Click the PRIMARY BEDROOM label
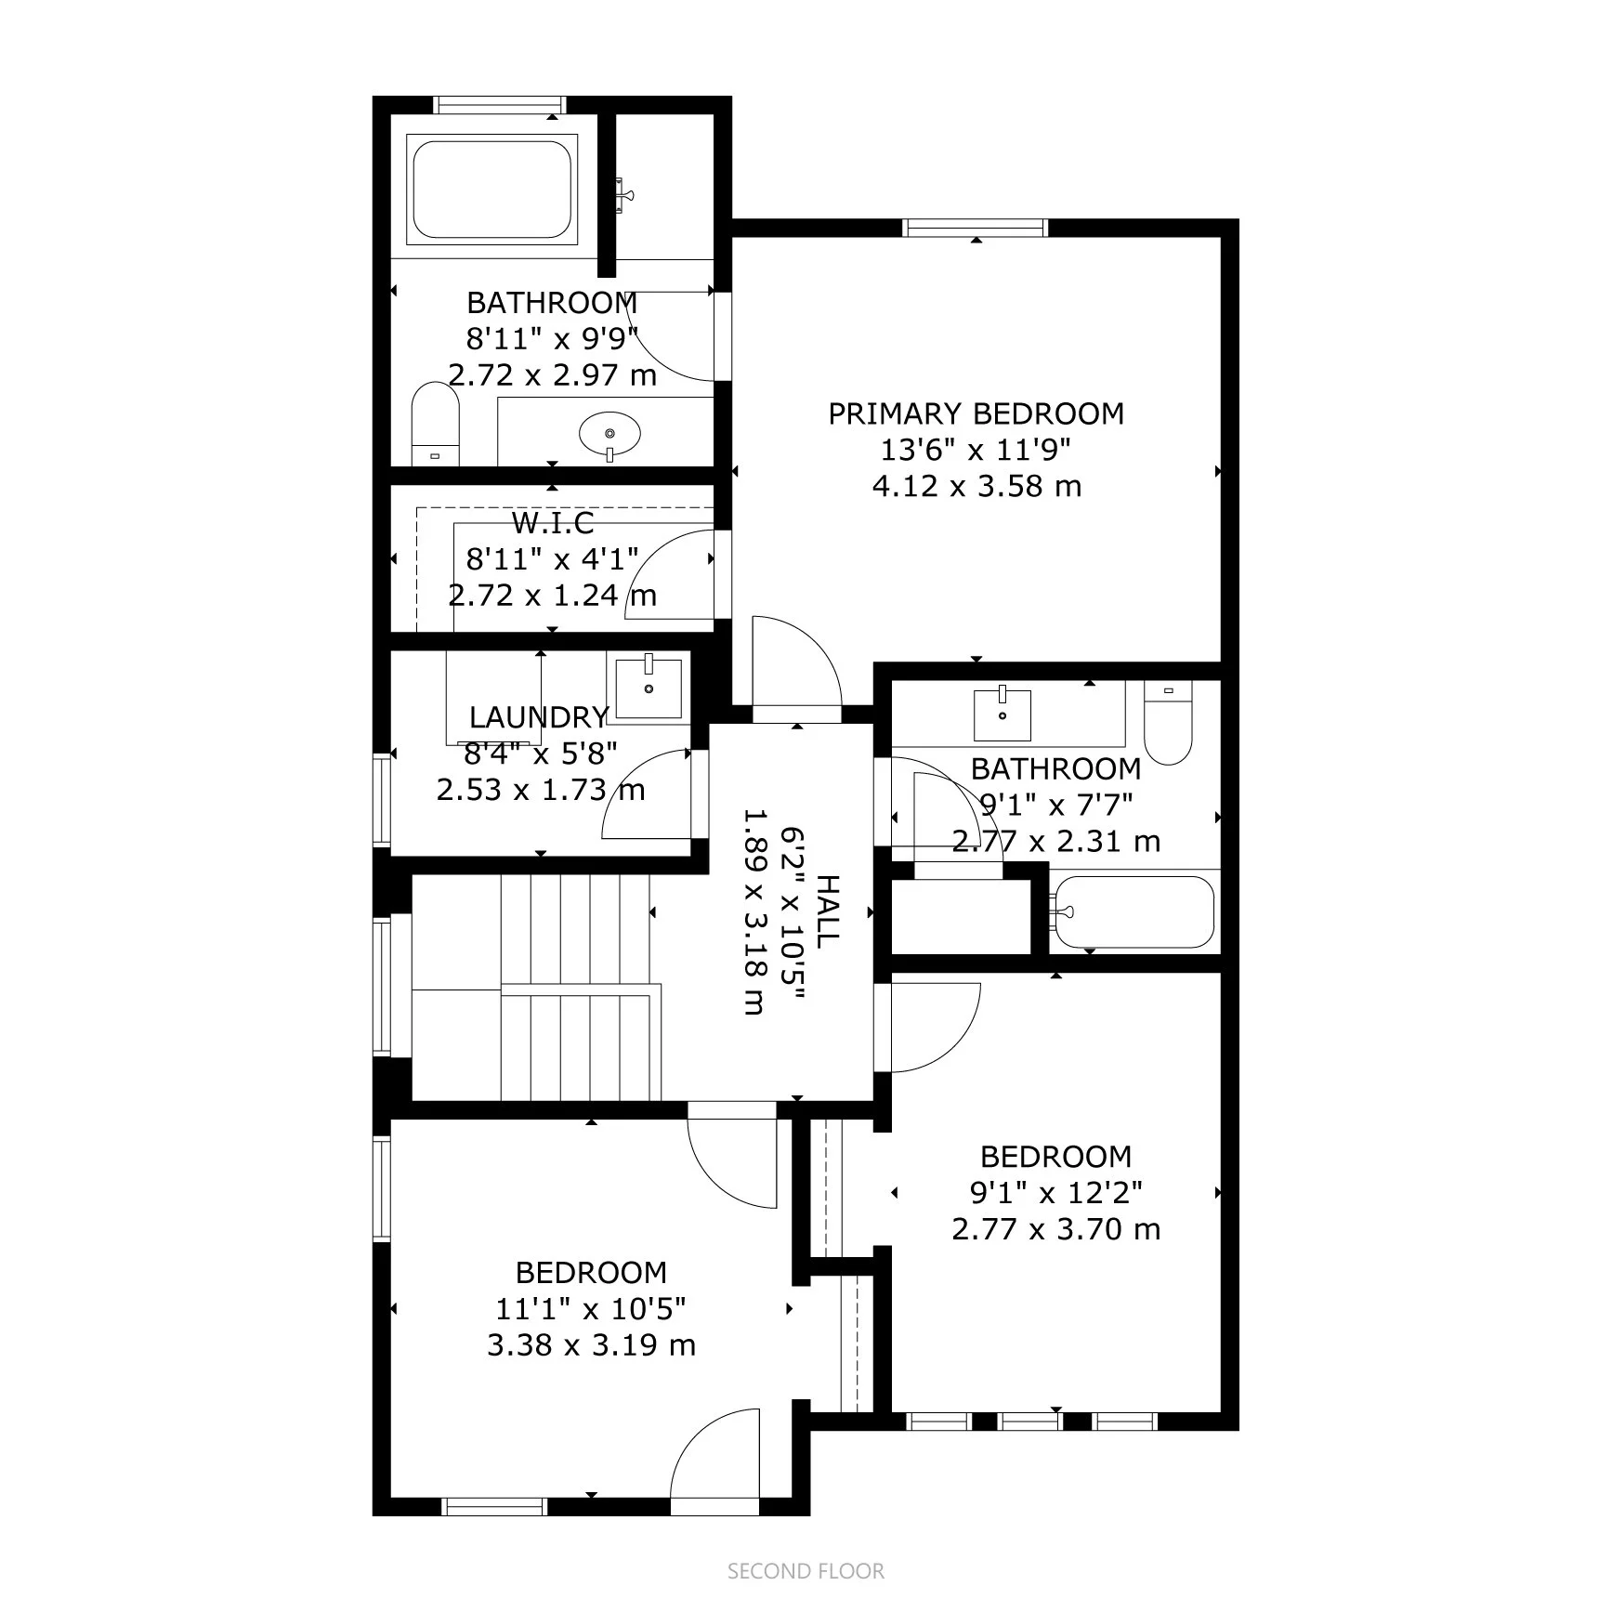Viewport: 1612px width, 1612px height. (976, 413)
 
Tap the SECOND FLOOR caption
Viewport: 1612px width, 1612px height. (806, 1570)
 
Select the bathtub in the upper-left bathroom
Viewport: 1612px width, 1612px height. (491, 189)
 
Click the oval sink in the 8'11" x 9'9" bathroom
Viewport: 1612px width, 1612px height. (609, 433)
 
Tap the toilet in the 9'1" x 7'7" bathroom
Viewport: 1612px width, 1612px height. (1168, 724)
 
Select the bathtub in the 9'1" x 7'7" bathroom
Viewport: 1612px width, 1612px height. (1135, 911)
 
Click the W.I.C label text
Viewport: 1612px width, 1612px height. (552, 523)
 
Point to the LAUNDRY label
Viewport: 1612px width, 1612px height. (539, 717)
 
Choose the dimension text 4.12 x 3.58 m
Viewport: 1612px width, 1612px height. (976, 486)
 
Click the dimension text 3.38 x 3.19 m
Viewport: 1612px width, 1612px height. (591, 1344)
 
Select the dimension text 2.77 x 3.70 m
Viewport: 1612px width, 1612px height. (1055, 1229)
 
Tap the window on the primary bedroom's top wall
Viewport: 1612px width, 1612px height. (975, 228)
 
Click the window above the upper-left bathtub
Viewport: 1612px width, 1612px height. (500, 105)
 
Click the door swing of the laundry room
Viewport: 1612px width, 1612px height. (647, 795)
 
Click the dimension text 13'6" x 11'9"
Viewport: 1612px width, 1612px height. (976, 450)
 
